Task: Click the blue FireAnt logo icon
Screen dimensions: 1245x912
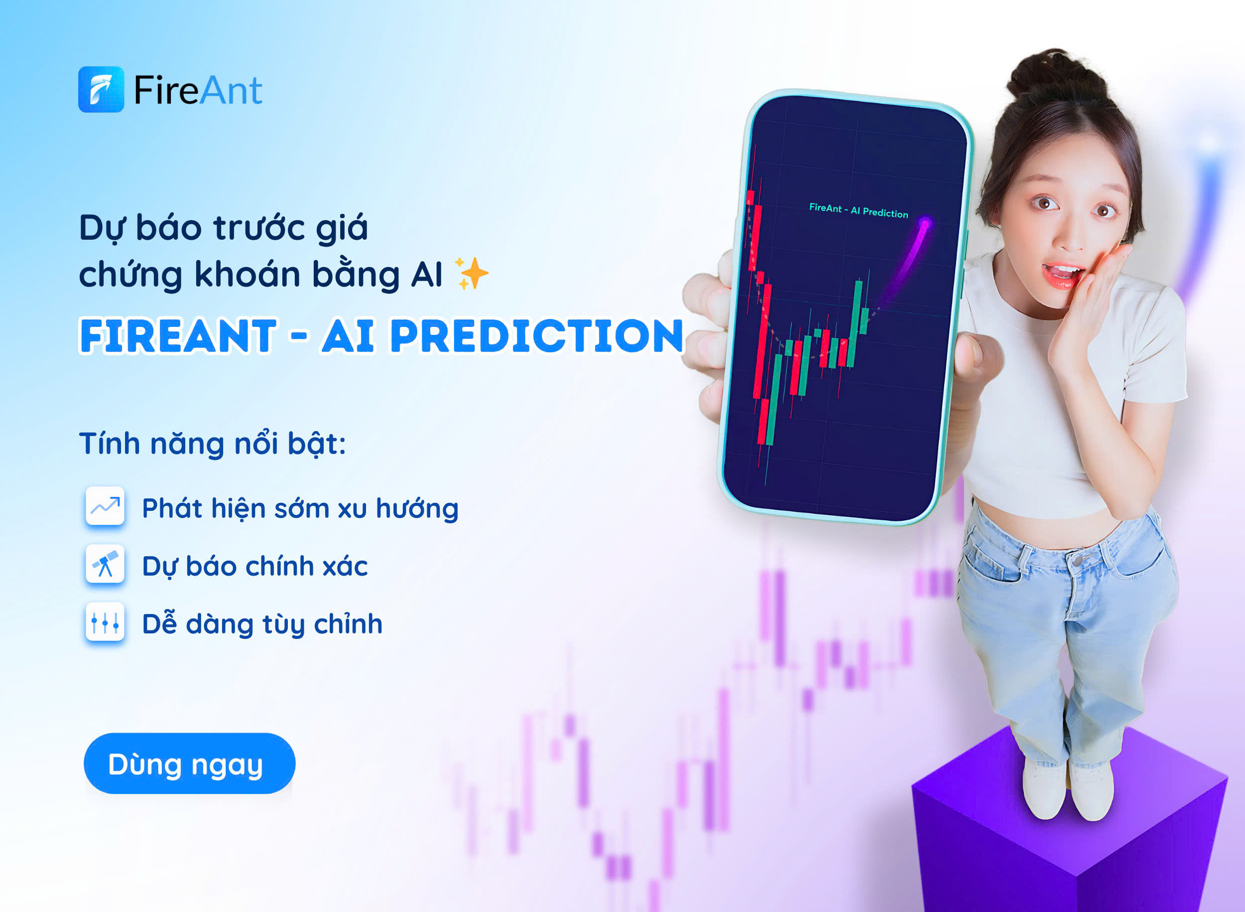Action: (101, 89)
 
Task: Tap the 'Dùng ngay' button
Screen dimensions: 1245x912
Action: (189, 763)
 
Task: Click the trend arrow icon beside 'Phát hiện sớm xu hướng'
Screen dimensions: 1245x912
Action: (105, 506)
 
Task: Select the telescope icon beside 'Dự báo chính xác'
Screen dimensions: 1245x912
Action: (105, 564)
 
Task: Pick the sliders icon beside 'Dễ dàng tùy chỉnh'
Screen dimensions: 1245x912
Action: (105, 621)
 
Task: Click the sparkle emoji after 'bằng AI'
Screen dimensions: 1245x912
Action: (471, 273)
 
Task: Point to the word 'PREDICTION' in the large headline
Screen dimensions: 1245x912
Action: (537, 336)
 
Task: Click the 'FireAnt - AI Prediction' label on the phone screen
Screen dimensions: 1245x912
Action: (859, 210)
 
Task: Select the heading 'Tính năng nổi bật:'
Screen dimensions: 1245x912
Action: (212, 445)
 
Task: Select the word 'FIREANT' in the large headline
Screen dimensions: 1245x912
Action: (178, 336)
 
